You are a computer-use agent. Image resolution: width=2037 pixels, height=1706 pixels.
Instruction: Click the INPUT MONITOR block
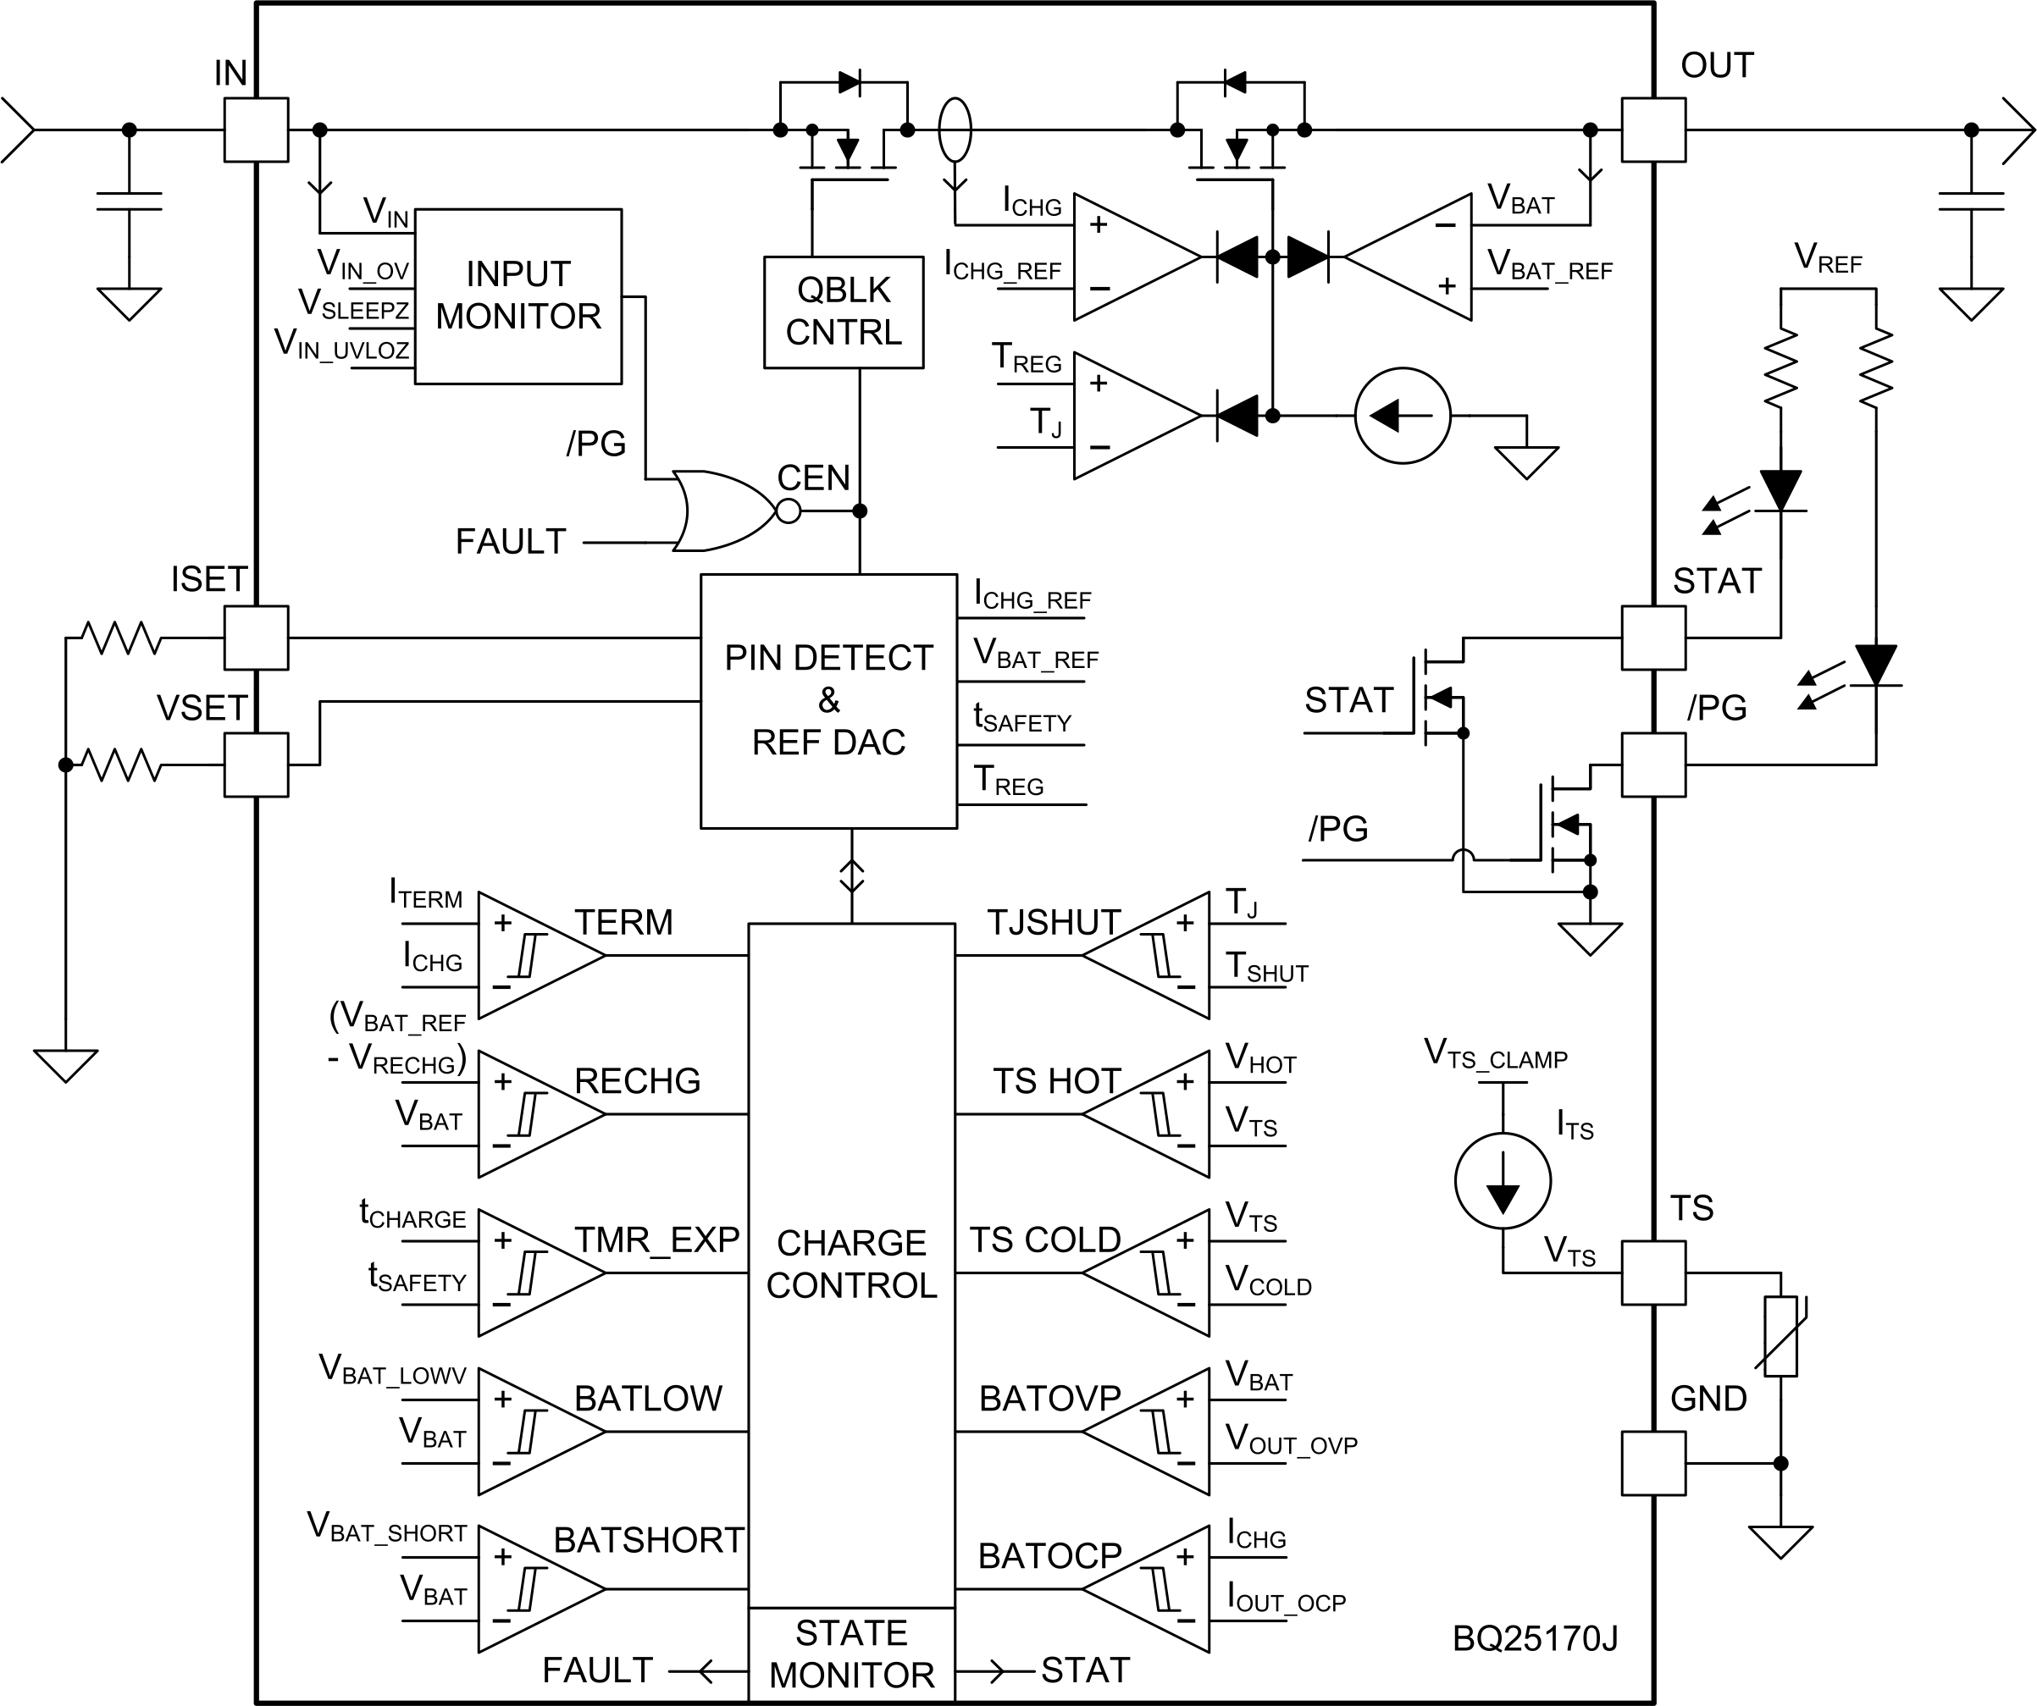(518, 295)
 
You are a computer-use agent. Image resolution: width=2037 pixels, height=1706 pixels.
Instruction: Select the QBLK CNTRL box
(843, 312)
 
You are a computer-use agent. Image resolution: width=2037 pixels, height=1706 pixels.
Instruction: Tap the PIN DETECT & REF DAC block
(828, 700)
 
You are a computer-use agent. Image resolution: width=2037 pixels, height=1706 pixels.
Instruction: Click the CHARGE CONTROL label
(850, 1264)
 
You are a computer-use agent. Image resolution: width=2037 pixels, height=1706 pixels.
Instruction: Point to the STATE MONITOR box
(850, 1654)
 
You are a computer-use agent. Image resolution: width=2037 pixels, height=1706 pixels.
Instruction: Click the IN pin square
(256, 129)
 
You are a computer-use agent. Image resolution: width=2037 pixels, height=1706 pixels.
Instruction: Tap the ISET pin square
(256, 638)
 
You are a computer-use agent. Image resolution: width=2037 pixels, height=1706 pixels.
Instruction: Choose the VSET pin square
(256, 765)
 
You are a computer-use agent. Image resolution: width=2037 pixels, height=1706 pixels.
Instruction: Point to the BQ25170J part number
(1535, 1638)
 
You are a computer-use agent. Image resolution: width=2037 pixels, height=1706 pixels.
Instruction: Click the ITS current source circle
(1503, 1180)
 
